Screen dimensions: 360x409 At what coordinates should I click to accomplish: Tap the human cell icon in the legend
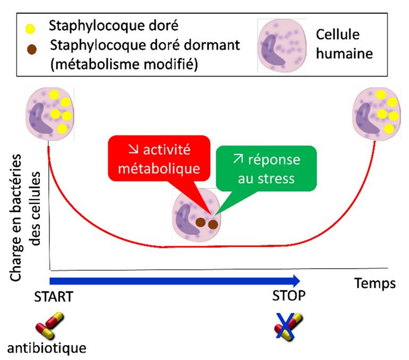(282, 45)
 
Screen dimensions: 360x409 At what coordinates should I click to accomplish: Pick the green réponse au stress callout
(266, 169)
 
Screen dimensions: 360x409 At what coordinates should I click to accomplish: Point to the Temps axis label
(375, 283)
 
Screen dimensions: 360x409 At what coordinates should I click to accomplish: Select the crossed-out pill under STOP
(288, 324)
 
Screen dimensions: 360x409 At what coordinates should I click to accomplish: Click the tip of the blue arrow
(299, 281)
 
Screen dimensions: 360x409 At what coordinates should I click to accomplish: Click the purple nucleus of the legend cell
(274, 51)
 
